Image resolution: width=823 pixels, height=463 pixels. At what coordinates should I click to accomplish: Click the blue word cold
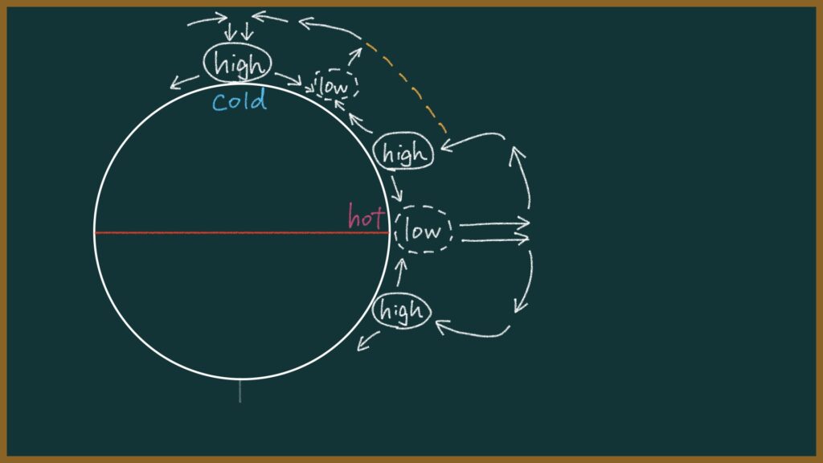(x=240, y=100)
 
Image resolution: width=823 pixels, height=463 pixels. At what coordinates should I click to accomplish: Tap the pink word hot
(x=366, y=215)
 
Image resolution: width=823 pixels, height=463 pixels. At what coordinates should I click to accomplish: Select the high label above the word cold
(x=238, y=63)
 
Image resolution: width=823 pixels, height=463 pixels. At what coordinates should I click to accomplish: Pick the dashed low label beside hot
(x=423, y=230)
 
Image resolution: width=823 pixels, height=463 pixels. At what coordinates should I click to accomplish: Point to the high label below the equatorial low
(x=402, y=310)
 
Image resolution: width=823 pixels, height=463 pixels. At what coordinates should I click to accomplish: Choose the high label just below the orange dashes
(x=403, y=152)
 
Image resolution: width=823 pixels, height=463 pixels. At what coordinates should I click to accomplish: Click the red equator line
(x=242, y=232)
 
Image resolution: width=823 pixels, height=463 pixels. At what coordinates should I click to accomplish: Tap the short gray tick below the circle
(x=240, y=391)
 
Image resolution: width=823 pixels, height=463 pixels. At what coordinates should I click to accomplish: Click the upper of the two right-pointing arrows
(x=494, y=223)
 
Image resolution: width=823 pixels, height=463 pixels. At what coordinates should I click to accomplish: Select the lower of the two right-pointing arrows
(x=495, y=240)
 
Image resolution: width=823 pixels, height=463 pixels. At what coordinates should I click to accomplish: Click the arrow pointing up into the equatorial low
(x=400, y=272)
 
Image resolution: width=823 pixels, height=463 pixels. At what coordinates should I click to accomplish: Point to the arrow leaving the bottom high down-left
(x=368, y=341)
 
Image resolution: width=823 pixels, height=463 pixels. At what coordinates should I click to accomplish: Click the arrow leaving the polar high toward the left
(x=184, y=82)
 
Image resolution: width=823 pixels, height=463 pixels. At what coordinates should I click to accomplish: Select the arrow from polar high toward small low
(x=289, y=80)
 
